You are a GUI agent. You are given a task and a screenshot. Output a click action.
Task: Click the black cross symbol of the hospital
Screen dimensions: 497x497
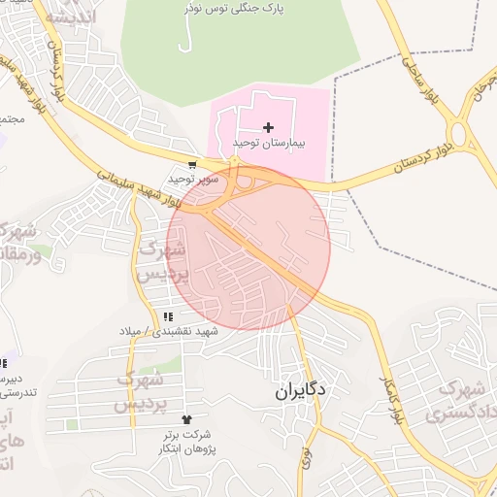(269, 127)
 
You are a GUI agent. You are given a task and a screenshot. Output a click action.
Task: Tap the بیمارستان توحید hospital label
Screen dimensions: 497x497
(269, 143)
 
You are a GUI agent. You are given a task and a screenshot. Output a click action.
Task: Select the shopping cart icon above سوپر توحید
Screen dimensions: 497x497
(193, 165)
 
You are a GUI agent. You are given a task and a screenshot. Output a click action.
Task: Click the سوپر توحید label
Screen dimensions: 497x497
(189, 179)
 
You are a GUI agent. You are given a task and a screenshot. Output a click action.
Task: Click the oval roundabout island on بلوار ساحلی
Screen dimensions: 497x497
(459, 132)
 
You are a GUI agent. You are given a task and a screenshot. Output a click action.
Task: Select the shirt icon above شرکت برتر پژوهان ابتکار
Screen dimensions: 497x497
(187, 419)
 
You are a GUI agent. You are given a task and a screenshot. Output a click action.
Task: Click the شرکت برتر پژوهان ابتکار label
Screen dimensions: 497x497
(187, 443)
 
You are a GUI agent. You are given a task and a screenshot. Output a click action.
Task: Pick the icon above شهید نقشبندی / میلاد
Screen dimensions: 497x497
(168, 316)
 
